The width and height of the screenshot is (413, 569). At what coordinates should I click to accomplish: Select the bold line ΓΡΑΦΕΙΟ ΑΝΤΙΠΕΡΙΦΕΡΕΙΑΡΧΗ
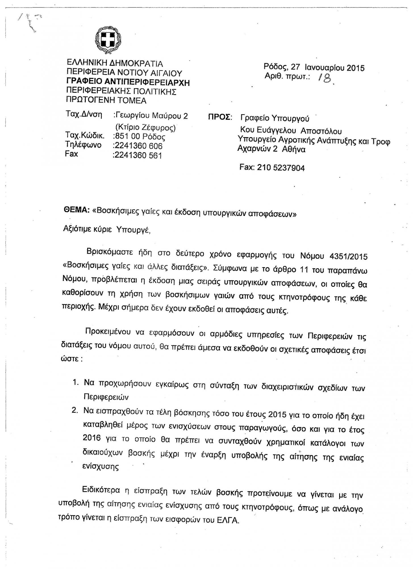pos(128,83)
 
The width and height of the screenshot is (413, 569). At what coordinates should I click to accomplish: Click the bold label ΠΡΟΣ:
pos(220,118)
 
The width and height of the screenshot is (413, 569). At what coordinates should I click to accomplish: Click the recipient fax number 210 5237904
pos(281,168)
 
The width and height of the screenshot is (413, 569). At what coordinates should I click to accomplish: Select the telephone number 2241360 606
pos(138,146)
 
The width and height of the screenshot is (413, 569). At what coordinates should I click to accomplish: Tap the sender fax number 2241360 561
pos(138,155)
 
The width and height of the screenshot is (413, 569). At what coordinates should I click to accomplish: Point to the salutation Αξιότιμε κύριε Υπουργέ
pos(106,230)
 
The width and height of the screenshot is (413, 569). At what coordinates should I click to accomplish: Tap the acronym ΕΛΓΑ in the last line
pos(229,521)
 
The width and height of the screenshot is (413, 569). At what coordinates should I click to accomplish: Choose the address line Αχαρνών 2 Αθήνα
pos(271,149)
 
